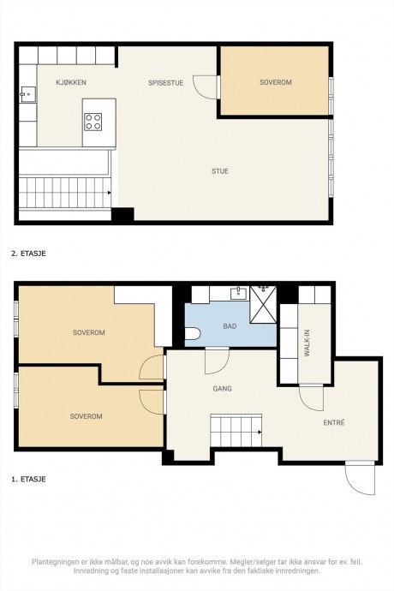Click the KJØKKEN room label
[71, 82]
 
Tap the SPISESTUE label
[166, 83]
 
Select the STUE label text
[220, 171]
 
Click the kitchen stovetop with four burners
[93, 122]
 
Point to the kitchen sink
[28, 94]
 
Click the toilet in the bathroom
[192, 334]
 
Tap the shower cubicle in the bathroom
[263, 305]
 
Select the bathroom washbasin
[238, 293]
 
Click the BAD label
[230, 326]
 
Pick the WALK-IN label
[307, 343]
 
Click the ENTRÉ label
[334, 423]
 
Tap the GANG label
[223, 389]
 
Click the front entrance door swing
[360, 478]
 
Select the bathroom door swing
[217, 361]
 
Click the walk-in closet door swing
[311, 397]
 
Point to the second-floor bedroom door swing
[206, 87]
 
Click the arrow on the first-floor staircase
[260, 432]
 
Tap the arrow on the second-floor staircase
[110, 193]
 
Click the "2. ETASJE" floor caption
[28, 254]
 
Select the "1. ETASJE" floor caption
[28, 480]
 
